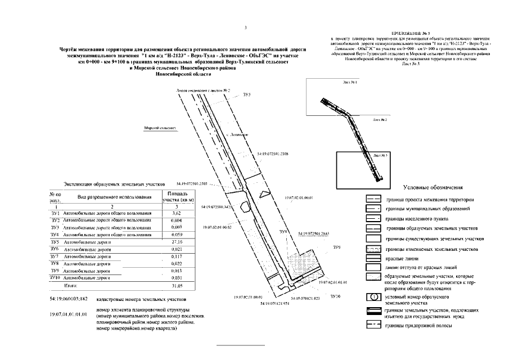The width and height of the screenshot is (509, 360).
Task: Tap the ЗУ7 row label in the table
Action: [55, 256]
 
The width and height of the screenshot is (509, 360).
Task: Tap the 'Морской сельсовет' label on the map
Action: [160, 128]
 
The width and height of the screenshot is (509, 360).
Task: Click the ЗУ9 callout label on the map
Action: [336, 247]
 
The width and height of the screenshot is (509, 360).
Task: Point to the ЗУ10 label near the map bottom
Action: [335, 296]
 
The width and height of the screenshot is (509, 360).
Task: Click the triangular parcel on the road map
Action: [264, 193]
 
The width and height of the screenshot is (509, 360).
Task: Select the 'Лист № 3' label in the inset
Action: [381, 156]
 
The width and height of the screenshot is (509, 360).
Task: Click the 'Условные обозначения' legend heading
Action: [433, 188]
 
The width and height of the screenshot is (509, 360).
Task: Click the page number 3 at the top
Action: [246, 28]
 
